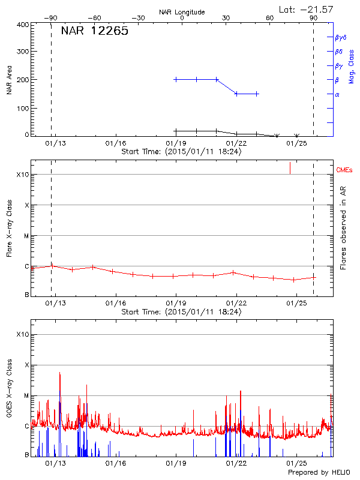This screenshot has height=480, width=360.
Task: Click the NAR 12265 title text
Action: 94,31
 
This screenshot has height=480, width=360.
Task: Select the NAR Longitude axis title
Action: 182,12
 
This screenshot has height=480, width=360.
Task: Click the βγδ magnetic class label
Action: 341,37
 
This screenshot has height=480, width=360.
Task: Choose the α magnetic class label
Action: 337,94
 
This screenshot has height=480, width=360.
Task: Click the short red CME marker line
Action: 290,167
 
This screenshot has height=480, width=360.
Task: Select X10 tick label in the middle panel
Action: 22,175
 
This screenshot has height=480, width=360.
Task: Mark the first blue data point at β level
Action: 176,79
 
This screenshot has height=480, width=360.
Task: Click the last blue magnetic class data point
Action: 257,94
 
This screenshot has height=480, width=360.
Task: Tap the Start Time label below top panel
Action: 181,151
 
